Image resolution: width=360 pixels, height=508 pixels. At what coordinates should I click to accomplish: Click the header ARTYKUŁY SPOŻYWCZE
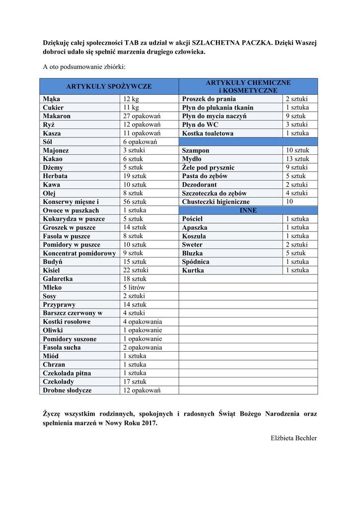(x=109, y=86)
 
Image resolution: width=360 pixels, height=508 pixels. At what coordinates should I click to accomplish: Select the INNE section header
(x=248, y=210)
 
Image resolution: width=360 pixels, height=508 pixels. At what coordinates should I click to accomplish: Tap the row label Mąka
(x=51, y=99)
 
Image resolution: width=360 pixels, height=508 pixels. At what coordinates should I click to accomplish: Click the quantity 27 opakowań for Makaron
(x=142, y=116)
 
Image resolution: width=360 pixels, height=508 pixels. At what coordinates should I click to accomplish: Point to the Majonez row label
(x=56, y=150)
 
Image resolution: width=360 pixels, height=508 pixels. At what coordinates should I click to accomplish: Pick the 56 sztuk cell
(x=135, y=202)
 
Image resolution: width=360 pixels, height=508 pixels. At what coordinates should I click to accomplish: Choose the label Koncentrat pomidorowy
(x=79, y=253)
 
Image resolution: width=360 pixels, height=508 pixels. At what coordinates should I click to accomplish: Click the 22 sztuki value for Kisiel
(x=136, y=270)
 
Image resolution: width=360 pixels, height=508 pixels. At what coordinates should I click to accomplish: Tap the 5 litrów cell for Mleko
(x=134, y=287)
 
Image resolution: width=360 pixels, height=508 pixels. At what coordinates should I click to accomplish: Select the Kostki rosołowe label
(x=67, y=321)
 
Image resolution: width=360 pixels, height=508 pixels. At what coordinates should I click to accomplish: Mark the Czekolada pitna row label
(x=67, y=373)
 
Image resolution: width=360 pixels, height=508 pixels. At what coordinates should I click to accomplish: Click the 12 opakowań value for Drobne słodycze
(x=142, y=390)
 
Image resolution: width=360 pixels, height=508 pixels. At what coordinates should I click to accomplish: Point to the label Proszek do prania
(x=209, y=99)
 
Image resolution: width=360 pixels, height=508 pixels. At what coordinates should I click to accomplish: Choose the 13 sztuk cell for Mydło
(x=297, y=159)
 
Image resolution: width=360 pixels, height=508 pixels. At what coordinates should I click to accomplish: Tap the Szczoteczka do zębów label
(x=214, y=193)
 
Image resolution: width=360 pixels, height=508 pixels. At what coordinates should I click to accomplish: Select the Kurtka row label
(x=193, y=270)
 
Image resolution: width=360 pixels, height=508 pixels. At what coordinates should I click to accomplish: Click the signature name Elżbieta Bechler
(x=293, y=438)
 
